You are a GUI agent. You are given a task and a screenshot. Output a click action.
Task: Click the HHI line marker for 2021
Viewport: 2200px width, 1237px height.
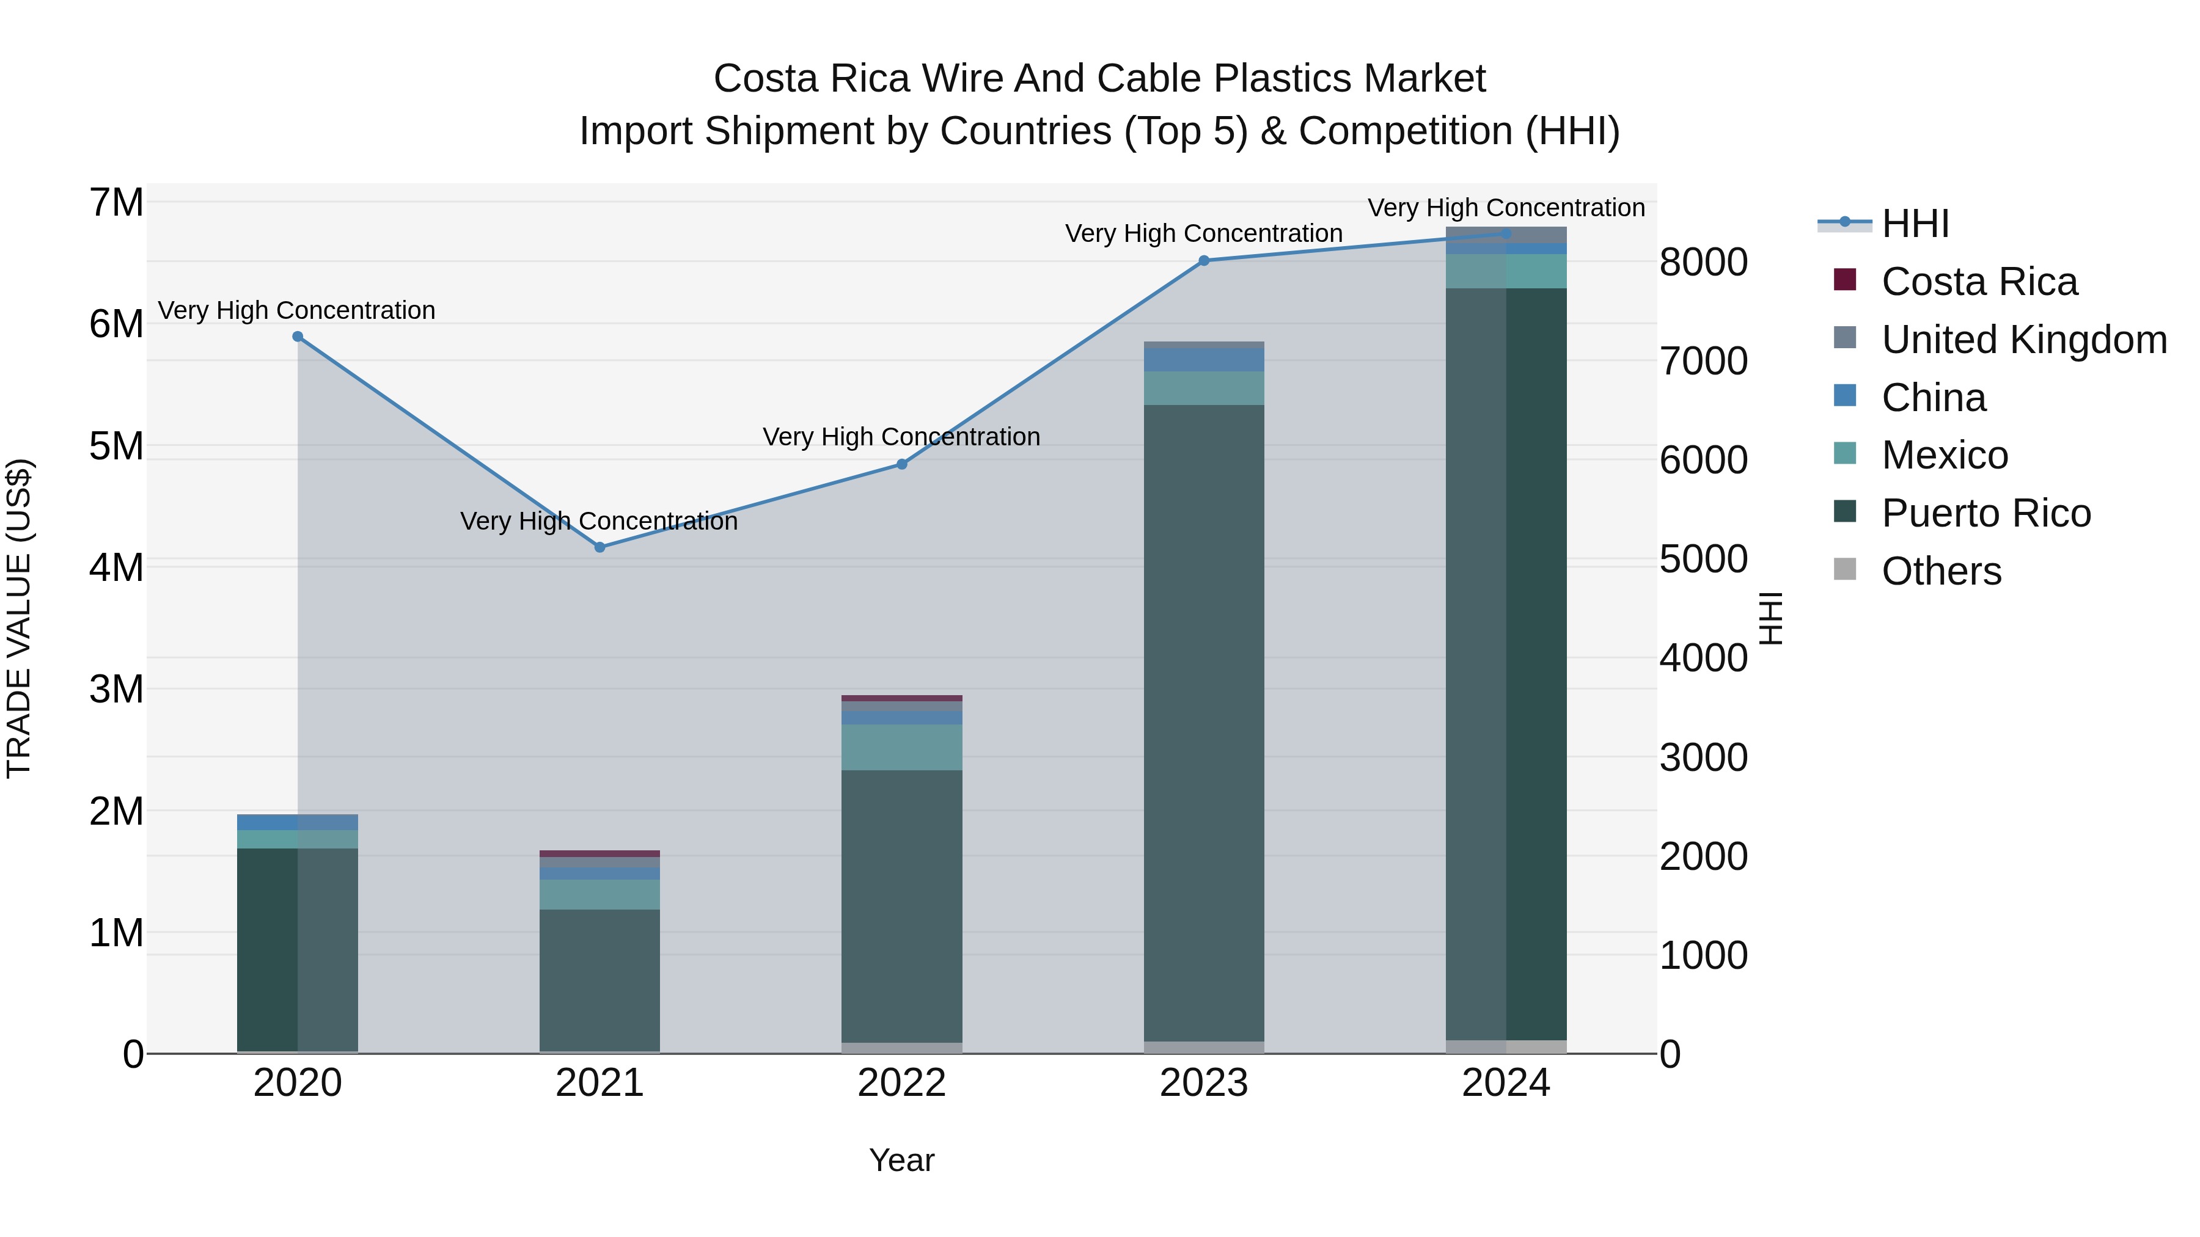click(599, 547)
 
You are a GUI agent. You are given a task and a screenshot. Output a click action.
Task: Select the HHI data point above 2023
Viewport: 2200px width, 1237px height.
click(1203, 260)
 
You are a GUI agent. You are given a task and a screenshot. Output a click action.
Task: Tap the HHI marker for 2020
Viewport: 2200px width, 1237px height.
click(298, 337)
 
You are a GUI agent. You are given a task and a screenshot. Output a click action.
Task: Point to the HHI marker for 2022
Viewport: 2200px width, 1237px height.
click(901, 464)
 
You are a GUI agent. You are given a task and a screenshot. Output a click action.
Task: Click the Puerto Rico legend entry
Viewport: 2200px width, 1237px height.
click(1986, 513)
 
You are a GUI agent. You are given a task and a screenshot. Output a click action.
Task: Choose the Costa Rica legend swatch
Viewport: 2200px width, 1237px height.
click(1845, 280)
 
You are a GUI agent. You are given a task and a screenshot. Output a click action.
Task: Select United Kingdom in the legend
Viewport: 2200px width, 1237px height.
click(2023, 339)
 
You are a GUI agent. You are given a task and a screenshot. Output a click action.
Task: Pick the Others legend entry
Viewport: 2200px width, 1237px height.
click(1942, 571)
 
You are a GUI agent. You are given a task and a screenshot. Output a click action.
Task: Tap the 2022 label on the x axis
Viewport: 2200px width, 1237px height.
click(901, 1083)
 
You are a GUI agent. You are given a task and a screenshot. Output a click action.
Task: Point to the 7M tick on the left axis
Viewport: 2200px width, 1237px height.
click(116, 203)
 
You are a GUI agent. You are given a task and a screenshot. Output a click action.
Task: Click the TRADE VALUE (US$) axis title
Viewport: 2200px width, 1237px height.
click(19, 618)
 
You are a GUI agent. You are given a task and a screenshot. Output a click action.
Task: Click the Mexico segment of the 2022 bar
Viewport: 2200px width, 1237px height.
click(901, 747)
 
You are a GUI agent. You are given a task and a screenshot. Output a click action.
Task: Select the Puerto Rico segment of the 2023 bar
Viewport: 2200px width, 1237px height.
click(1203, 721)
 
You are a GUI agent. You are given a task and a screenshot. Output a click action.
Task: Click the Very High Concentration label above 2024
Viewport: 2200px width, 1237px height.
click(1506, 208)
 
